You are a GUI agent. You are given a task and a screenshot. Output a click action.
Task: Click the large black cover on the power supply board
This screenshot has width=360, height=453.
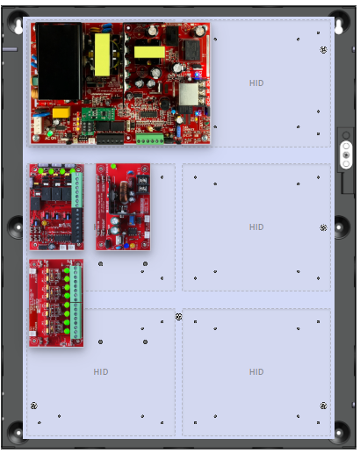pos(59,61)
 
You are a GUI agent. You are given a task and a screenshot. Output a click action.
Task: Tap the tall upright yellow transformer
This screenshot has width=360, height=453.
pos(102,54)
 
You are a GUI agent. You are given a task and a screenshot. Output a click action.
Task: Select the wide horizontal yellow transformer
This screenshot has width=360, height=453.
pos(149,52)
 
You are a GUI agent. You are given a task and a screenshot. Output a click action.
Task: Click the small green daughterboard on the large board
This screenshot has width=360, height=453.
pos(98,114)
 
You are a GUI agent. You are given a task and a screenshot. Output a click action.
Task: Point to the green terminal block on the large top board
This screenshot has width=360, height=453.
pos(149,139)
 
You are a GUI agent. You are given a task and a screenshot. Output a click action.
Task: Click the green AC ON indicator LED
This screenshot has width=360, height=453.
pos(50,133)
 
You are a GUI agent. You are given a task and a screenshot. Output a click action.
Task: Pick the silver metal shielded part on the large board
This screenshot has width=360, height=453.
pos(189,94)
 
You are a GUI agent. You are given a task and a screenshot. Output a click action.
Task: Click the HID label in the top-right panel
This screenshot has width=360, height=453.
pos(256,83)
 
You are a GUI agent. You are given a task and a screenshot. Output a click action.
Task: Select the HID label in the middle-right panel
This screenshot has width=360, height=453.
pos(256,227)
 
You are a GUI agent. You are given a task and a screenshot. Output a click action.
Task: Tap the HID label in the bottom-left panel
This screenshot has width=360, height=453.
pos(101,372)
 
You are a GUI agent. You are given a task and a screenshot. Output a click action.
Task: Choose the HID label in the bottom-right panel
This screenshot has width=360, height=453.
pos(256,372)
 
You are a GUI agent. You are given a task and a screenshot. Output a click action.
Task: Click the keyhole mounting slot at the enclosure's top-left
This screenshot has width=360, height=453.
pos(18,26)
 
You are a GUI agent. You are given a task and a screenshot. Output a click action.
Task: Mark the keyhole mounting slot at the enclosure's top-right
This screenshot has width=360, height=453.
pos(339,26)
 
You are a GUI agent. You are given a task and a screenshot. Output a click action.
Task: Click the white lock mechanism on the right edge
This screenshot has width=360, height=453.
pos(346,155)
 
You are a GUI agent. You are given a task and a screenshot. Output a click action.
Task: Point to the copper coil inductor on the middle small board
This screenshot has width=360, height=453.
pos(124,192)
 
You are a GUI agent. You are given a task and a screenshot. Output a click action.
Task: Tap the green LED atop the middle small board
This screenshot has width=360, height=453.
pos(113,167)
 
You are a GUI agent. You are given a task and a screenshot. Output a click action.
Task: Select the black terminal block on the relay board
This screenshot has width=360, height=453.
pos(77,225)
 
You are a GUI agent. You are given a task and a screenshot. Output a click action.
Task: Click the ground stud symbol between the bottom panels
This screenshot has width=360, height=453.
pos(178,316)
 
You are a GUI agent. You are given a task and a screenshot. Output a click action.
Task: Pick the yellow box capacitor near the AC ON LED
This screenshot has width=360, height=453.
pos(61,112)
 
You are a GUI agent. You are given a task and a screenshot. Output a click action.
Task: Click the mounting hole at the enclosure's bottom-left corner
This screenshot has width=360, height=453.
pos(18,432)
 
